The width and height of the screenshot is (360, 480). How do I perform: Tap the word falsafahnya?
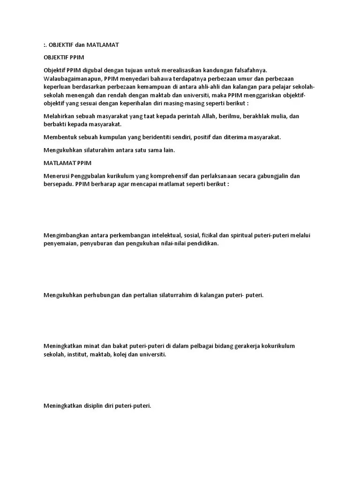pos(249,70)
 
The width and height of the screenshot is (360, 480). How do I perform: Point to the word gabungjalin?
pos(273,176)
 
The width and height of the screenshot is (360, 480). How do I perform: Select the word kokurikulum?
pos(277,346)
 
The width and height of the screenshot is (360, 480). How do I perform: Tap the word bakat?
pos(114,346)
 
